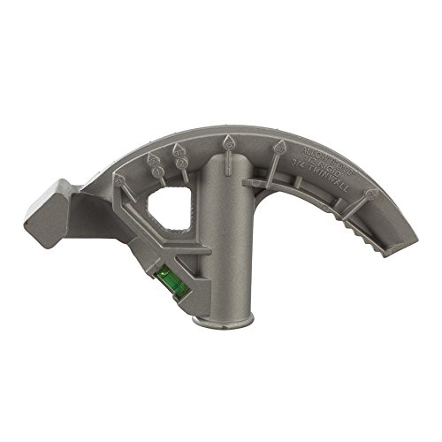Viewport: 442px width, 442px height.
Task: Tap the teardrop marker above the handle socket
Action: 230,141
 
